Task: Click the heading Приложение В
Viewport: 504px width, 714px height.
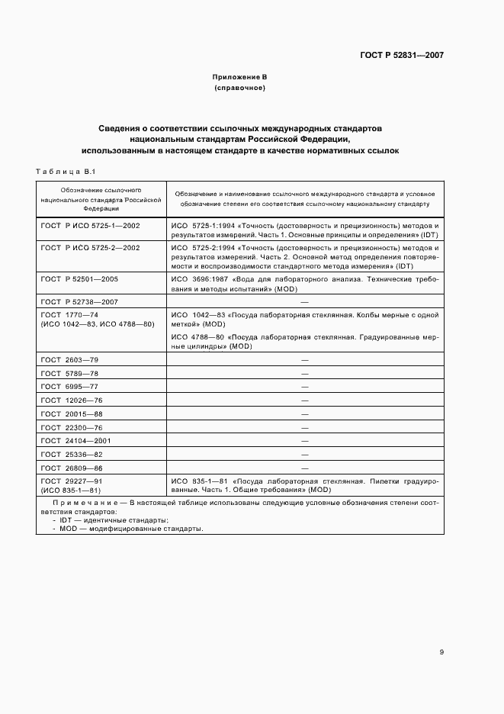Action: [240, 78]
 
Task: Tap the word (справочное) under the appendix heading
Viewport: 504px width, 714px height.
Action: [240, 88]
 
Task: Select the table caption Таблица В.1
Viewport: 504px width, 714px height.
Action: [63, 171]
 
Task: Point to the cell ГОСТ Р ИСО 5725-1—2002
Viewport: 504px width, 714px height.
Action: [90, 227]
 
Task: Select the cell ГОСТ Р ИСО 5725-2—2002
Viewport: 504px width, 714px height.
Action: [90, 248]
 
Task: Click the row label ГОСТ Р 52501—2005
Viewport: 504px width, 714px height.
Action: [79, 279]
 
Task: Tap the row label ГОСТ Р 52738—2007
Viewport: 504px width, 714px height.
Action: [79, 303]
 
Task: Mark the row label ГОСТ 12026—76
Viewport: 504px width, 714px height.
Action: [72, 399]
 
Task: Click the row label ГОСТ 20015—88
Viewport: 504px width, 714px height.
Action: [72, 413]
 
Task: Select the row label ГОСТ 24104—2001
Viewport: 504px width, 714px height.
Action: [76, 440]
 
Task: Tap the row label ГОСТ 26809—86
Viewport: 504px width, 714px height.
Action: [72, 468]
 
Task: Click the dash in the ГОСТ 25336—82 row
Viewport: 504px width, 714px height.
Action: [304, 454]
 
